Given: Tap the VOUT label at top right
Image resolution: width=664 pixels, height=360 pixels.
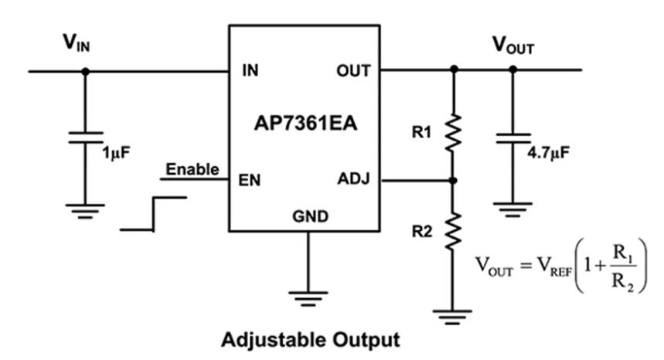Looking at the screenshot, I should coord(512,46).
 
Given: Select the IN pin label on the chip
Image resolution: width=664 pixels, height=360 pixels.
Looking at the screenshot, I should coord(250,71).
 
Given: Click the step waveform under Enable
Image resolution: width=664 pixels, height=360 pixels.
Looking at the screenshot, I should coord(154,213).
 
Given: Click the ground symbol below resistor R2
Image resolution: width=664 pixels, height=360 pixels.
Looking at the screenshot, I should coord(454,315).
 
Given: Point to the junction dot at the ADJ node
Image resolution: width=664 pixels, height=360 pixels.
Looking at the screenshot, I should coord(454,180).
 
